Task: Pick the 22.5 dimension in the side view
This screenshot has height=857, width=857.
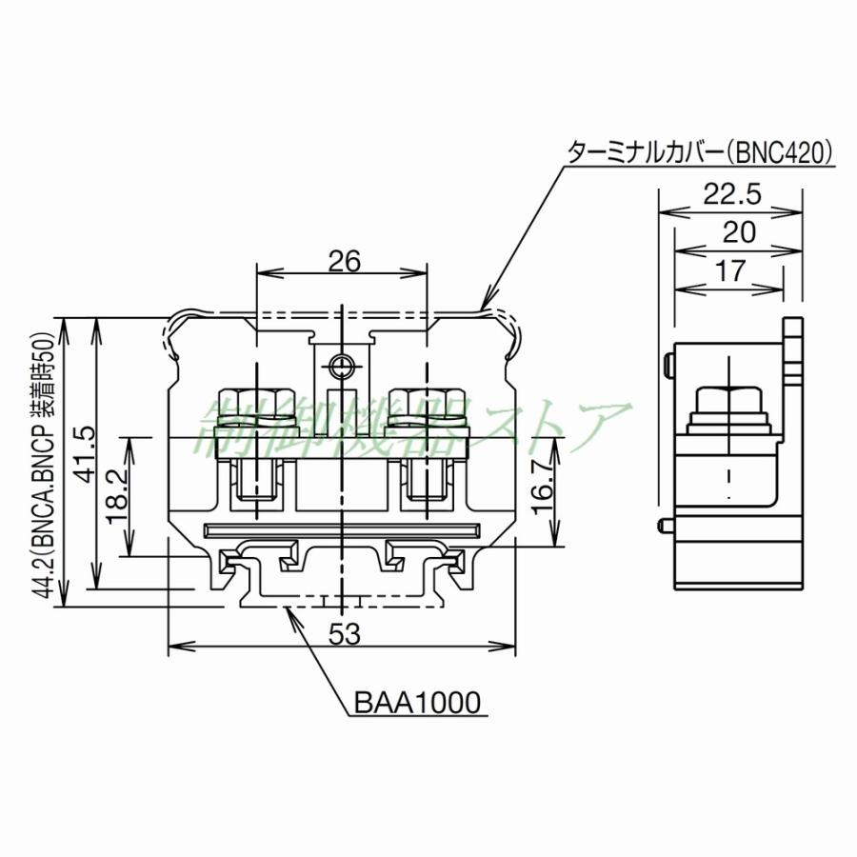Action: [x=731, y=194]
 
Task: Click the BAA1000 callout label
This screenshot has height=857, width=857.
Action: [x=419, y=703]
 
